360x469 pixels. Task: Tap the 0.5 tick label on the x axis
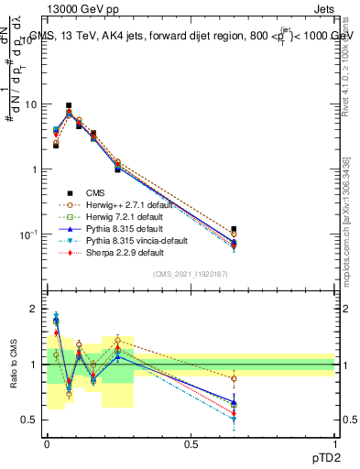tap(191, 442)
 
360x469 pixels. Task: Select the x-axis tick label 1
tap(334, 442)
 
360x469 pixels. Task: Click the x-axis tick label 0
tap(47, 442)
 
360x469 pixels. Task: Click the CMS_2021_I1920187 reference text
tap(191, 276)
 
